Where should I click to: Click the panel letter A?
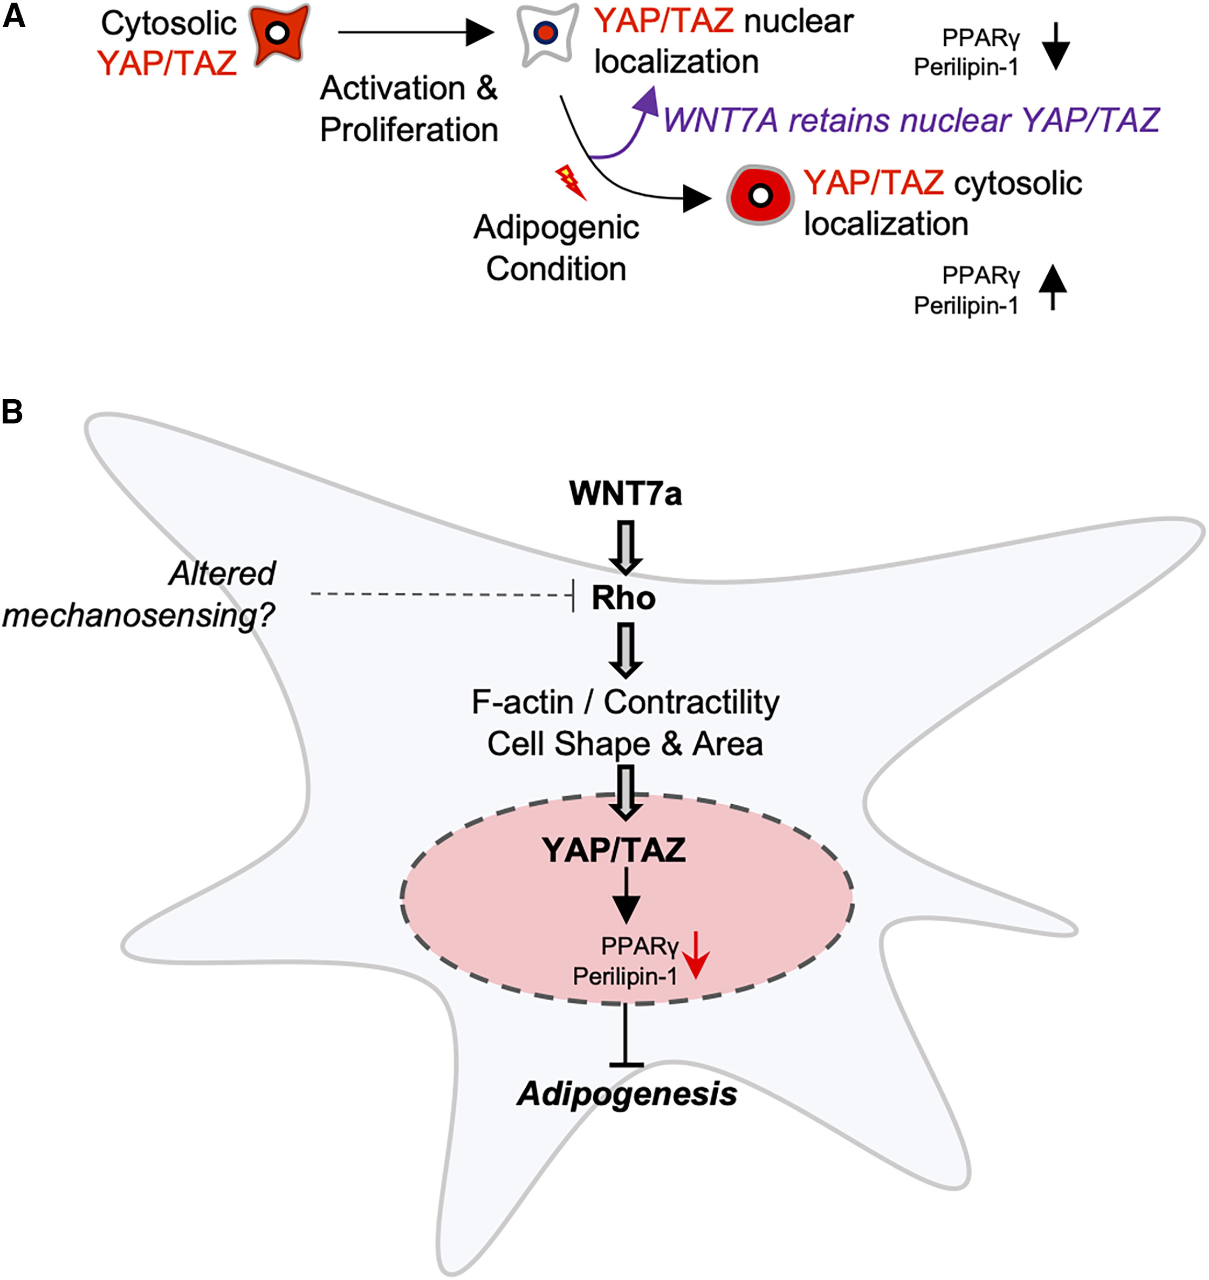[x=13, y=16]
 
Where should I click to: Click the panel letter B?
[x=12, y=411]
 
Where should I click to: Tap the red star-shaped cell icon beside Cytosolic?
[x=278, y=33]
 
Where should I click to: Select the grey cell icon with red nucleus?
[x=546, y=33]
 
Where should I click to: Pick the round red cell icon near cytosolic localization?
[x=760, y=195]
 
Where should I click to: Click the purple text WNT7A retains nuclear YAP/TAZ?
[x=911, y=120]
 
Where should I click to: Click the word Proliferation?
[x=409, y=129]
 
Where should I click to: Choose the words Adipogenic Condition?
[x=556, y=248]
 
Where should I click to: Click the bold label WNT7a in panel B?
[x=625, y=494]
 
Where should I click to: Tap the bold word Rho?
[x=624, y=598]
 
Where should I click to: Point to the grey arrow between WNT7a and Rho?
[x=626, y=547]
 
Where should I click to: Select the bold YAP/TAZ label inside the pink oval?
[x=614, y=850]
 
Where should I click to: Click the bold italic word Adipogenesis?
[x=627, y=1094]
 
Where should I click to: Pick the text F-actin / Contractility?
[x=625, y=702]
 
